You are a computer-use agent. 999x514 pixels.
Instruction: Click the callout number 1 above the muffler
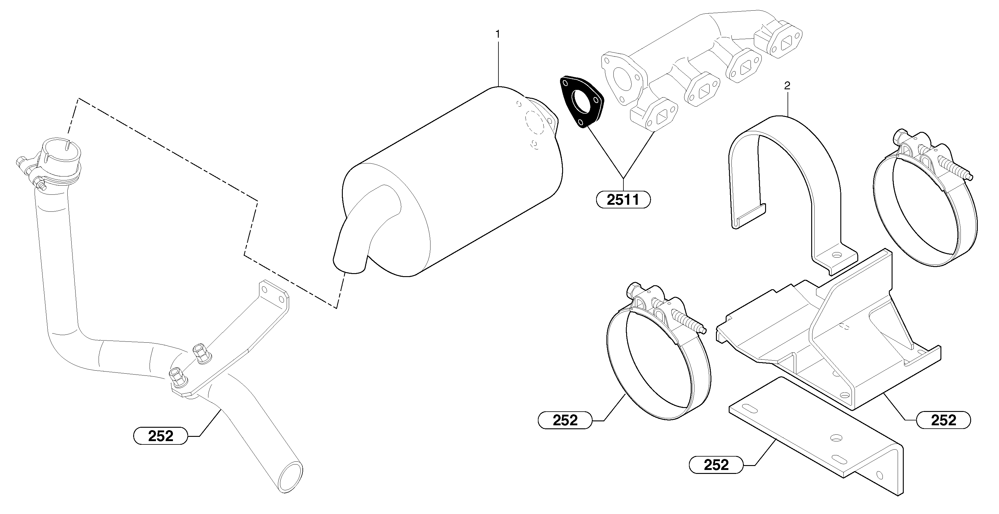pyautogui.click(x=498, y=35)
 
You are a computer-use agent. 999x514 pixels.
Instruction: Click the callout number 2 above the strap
pyautogui.click(x=787, y=86)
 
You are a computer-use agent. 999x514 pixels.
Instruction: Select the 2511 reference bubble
pyautogui.click(x=623, y=200)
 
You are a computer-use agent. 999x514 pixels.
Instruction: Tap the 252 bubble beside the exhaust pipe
pyautogui.click(x=160, y=436)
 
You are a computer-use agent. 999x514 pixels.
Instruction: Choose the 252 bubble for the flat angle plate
pyautogui.click(x=716, y=465)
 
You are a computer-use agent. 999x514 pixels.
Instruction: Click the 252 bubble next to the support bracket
pyautogui.click(x=943, y=420)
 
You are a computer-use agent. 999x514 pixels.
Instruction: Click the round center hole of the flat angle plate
pyautogui.click(x=836, y=437)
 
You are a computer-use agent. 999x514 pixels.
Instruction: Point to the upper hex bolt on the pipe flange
pyautogui.click(x=201, y=352)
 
